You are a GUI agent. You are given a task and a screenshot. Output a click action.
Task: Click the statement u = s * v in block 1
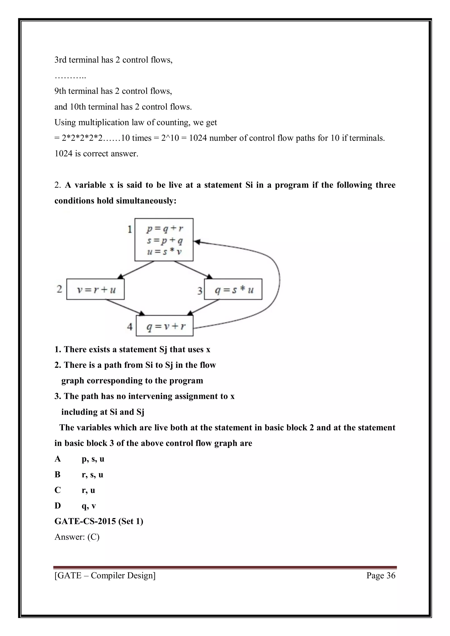click(x=164, y=252)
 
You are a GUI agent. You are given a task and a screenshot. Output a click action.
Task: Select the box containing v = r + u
click(x=95, y=289)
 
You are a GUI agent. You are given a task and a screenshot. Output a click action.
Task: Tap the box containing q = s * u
click(x=233, y=289)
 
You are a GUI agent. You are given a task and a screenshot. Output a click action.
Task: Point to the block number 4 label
click(x=130, y=327)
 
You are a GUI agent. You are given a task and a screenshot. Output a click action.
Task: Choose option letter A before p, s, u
click(x=58, y=459)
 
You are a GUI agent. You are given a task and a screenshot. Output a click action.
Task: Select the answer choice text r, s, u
click(x=92, y=475)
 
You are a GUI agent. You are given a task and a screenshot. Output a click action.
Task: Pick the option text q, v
click(x=89, y=506)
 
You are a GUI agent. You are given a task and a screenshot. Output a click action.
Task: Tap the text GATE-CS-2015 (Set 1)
click(x=99, y=521)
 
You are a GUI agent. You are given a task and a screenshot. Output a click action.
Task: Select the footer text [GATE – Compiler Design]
click(x=105, y=573)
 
